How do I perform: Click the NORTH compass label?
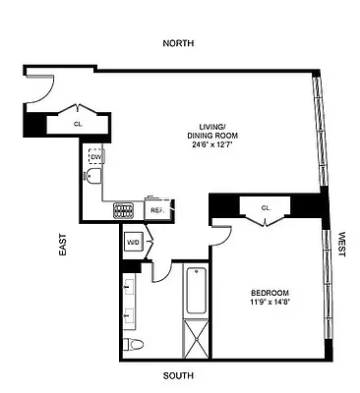click(x=179, y=43)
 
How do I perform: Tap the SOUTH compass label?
click(x=179, y=375)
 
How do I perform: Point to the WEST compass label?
click(x=341, y=241)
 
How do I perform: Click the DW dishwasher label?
click(x=95, y=157)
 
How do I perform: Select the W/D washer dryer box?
click(x=133, y=242)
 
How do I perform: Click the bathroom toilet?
click(x=133, y=344)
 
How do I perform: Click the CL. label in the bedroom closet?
click(x=267, y=207)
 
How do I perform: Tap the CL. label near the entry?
click(x=79, y=124)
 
